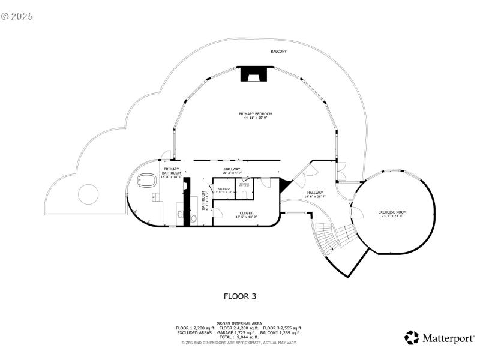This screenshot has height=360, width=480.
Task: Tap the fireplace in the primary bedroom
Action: pyautogui.click(x=253, y=74)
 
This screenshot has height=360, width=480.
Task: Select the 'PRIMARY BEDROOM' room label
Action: pyautogui.click(x=256, y=114)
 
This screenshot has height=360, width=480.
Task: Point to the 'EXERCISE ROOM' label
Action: pyautogui.click(x=392, y=212)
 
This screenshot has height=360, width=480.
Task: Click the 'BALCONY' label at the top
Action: pyautogui.click(x=278, y=52)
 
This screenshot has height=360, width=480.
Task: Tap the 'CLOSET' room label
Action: pyautogui.click(x=246, y=213)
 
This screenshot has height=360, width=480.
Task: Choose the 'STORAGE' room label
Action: pyautogui.click(x=224, y=189)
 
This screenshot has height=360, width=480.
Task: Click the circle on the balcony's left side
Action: pyautogui.click(x=88, y=193)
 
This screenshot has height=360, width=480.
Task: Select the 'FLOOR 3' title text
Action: pyautogui.click(x=240, y=296)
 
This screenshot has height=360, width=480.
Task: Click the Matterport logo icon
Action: pyautogui.click(x=412, y=338)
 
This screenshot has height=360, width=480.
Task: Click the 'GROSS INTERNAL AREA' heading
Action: pyautogui.click(x=239, y=323)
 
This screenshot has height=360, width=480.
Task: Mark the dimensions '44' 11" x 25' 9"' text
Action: pyautogui.click(x=256, y=118)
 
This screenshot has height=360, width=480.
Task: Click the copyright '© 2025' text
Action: pyautogui.click(x=17, y=16)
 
